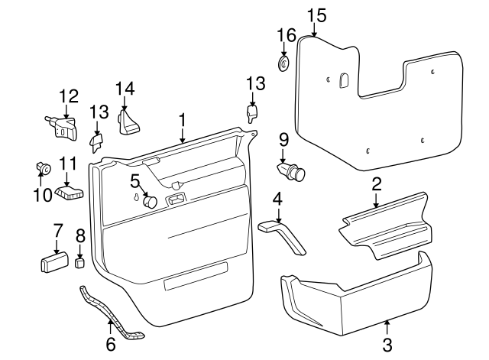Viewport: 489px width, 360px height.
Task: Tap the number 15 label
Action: point(316,15)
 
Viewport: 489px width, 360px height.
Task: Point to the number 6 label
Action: point(111,345)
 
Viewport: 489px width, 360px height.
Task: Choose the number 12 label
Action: point(69,96)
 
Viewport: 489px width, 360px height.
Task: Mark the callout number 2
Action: point(376,183)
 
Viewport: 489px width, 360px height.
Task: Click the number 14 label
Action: point(125,89)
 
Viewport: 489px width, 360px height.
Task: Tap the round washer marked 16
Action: point(283,63)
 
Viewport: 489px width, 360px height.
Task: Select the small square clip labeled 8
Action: point(79,263)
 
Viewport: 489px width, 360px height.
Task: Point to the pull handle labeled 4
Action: point(284,234)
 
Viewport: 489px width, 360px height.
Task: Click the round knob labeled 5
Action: point(150,202)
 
